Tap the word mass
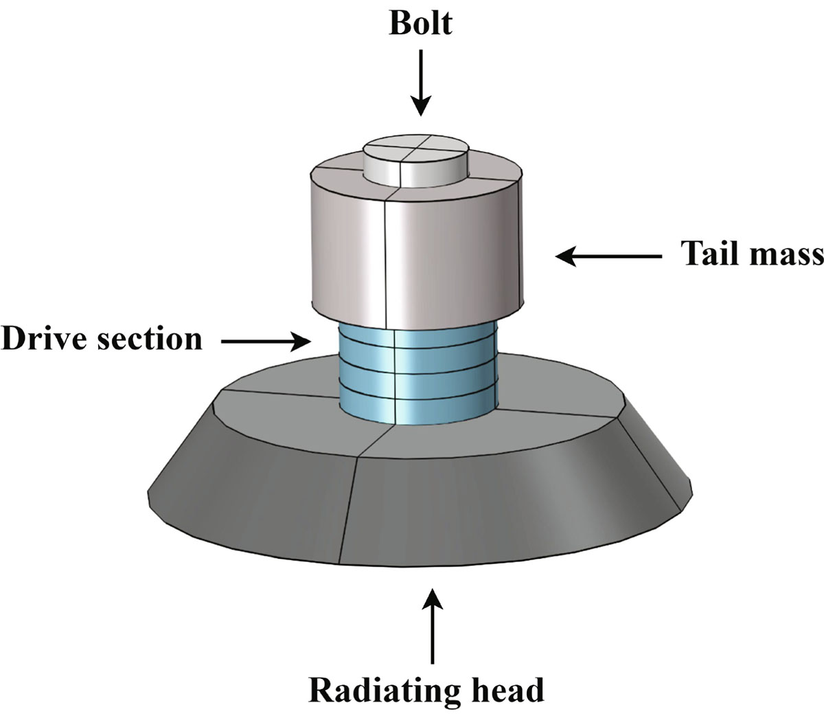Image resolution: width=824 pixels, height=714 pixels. (786, 254)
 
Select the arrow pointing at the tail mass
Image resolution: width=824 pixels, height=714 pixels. (608, 257)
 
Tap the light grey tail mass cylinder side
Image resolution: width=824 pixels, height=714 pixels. (453, 261)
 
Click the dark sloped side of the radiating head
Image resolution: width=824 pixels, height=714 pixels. (481, 509)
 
